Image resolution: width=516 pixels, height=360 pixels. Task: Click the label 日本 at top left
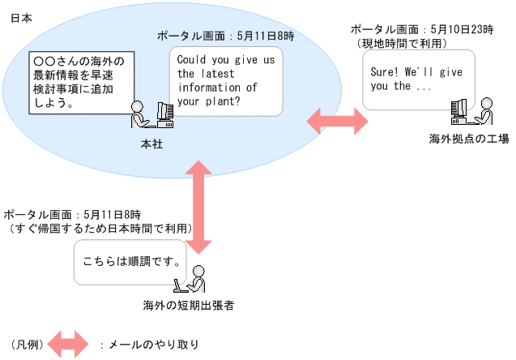coord(20,18)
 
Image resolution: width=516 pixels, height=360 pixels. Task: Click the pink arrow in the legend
coord(68,344)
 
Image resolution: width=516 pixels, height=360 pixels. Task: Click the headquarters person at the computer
coord(151,114)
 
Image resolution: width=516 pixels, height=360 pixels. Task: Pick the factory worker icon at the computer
coord(471,112)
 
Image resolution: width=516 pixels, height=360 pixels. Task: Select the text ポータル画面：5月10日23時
coord(422,28)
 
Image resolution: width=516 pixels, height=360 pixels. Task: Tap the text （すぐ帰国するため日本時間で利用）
coord(100,229)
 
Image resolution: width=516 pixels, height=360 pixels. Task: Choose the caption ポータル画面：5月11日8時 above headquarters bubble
coord(225,36)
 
